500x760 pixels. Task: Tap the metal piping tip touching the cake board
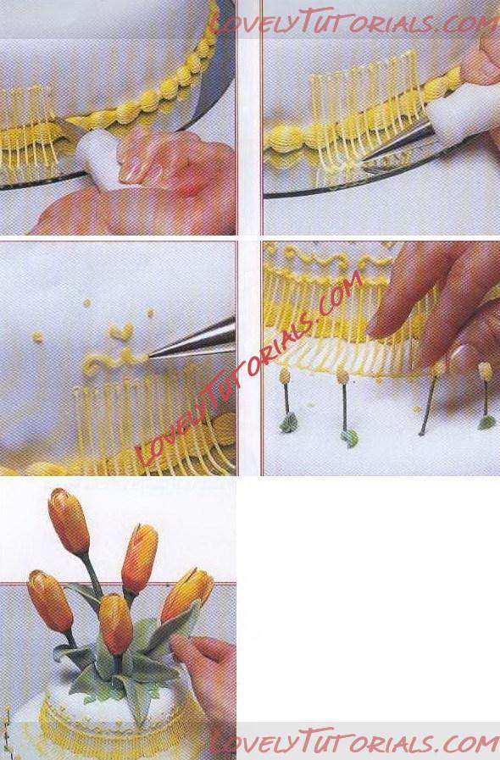pyautogui.click(x=397, y=143)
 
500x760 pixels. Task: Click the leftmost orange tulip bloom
pyautogui.click(x=50, y=601)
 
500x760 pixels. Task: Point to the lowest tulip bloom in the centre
pyautogui.click(x=116, y=624)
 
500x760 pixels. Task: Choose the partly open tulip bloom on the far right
pyautogui.click(x=187, y=595)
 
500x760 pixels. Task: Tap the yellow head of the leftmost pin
pyautogui.click(x=285, y=375)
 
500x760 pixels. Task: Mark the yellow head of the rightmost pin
pyautogui.click(x=485, y=371)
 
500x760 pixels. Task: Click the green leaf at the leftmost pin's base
pyautogui.click(x=289, y=422)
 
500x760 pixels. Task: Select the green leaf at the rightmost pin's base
pyautogui.click(x=487, y=422)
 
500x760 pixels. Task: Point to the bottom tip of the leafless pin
pyautogui.click(x=421, y=434)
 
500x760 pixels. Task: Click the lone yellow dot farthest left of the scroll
pyautogui.click(x=37, y=336)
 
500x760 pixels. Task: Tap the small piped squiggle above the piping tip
pyautogui.click(x=120, y=332)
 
